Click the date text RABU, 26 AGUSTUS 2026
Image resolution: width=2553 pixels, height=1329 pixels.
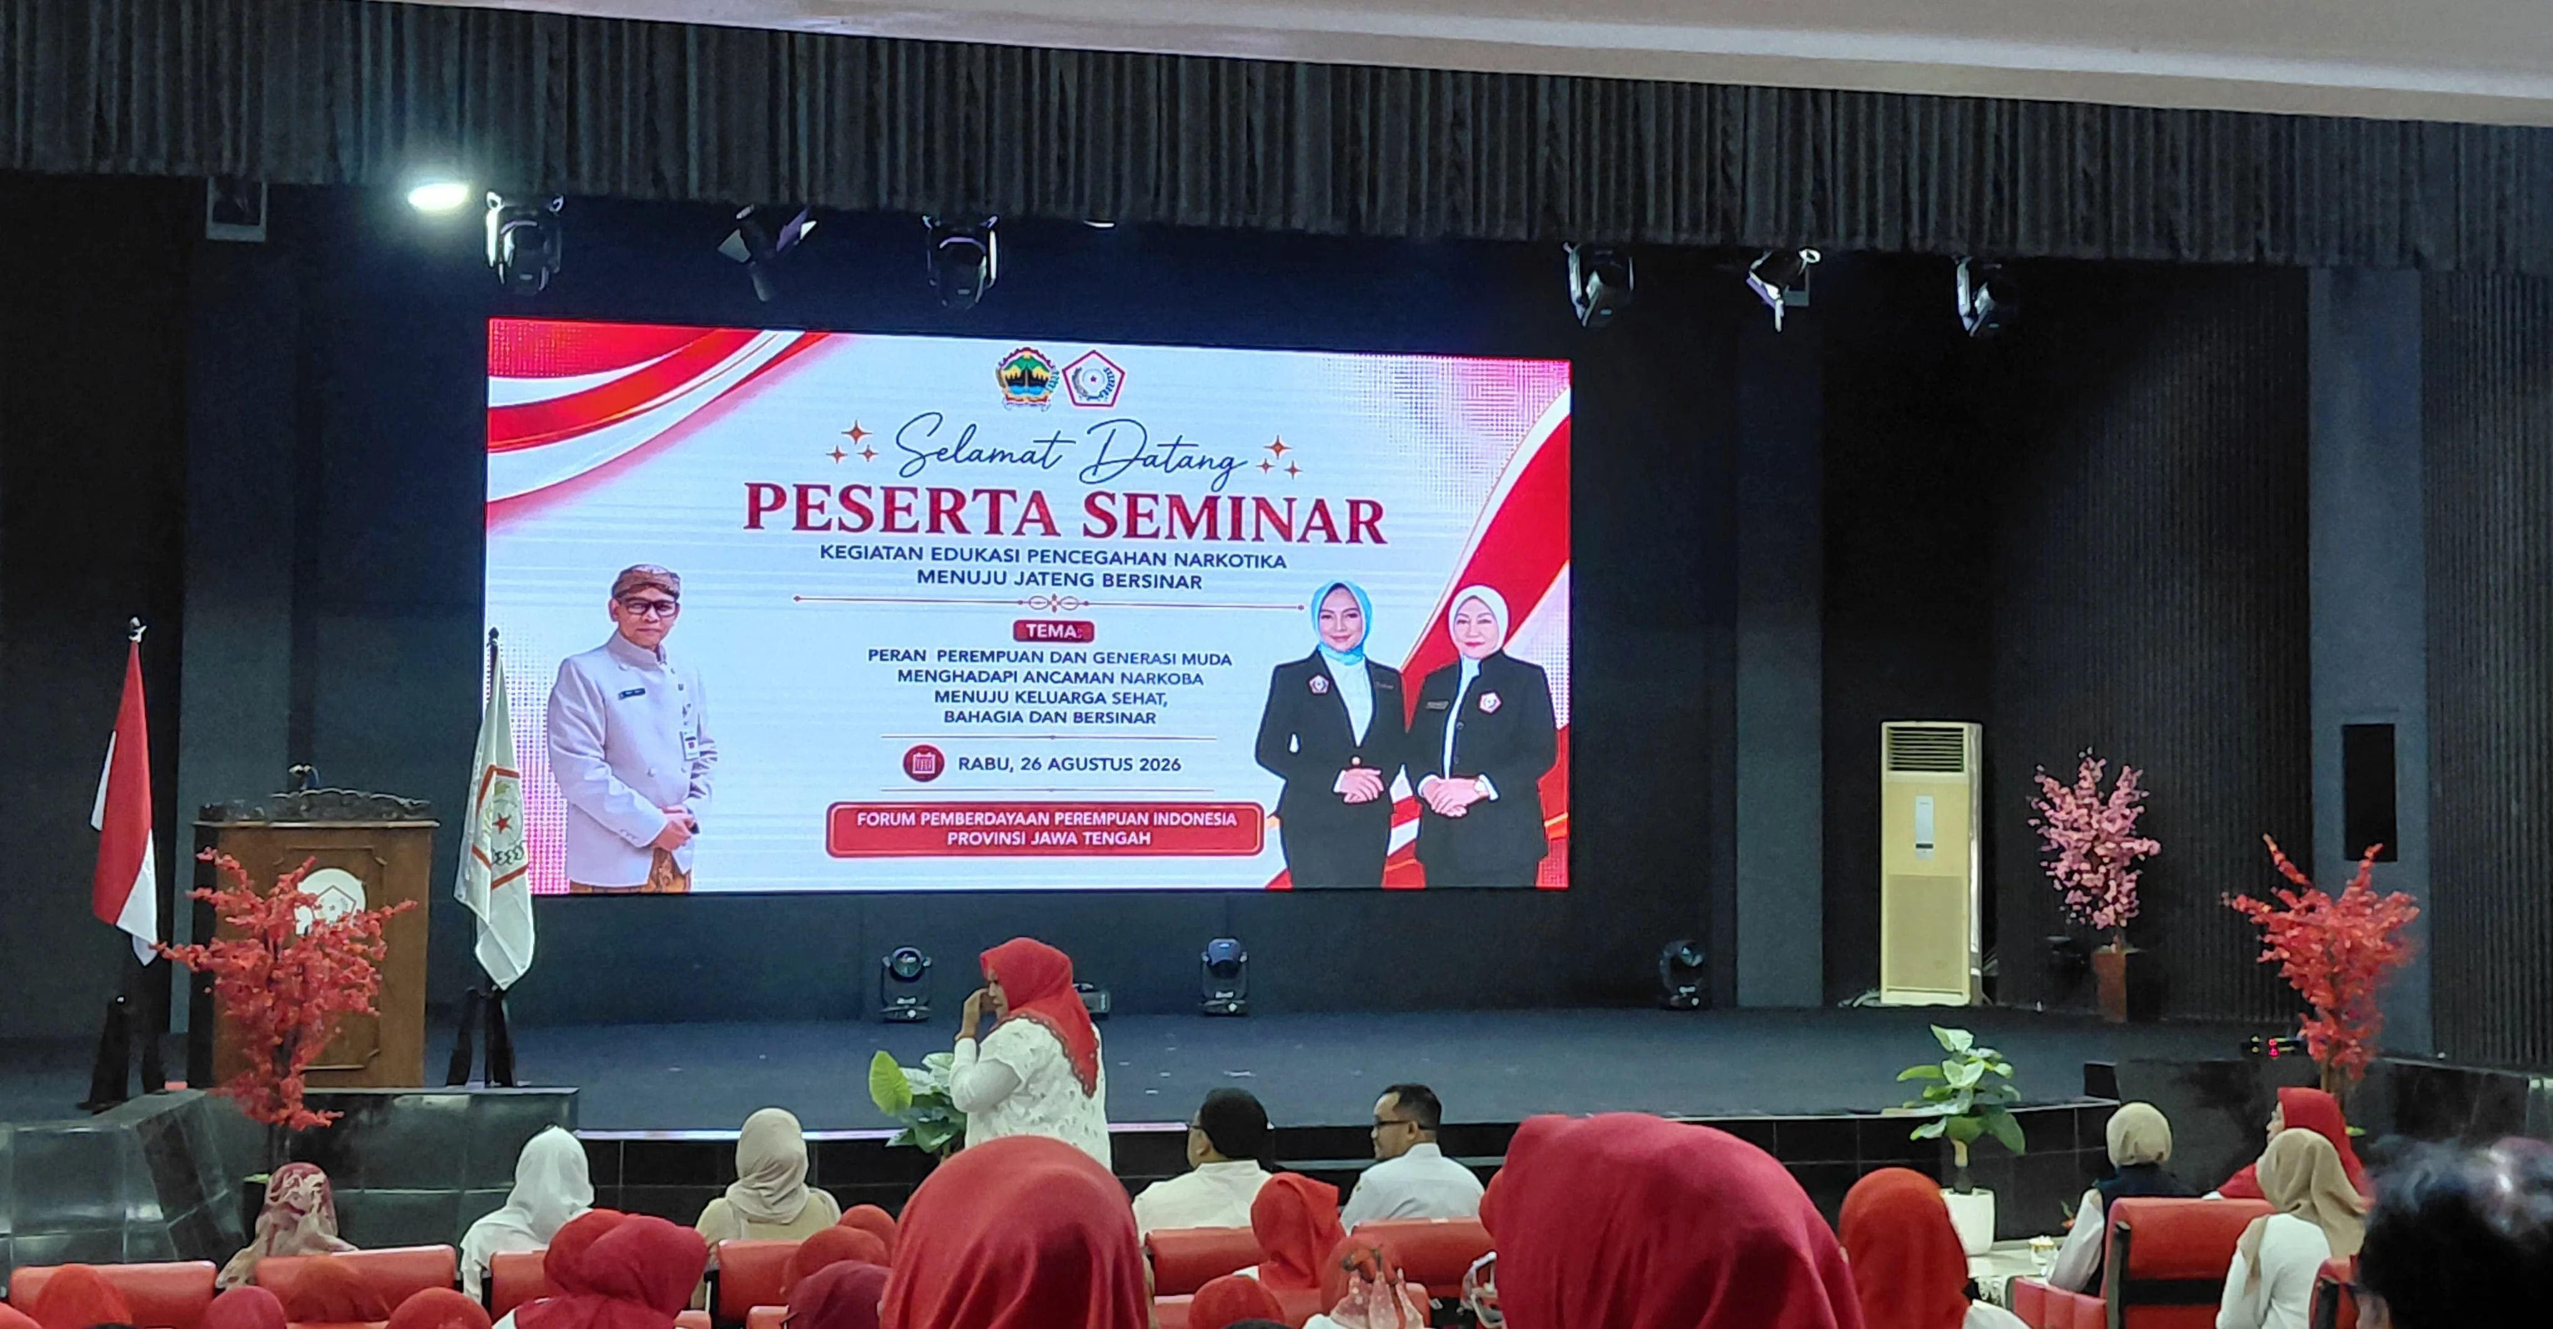(x=1069, y=764)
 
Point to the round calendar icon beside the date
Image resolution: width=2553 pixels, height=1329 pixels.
(x=923, y=763)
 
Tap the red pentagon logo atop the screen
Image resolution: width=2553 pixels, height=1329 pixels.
(x=1094, y=379)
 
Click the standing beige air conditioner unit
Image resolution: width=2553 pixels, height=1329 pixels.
(x=1930, y=862)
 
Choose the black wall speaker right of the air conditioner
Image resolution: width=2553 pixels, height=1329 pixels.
(x=2368, y=792)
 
